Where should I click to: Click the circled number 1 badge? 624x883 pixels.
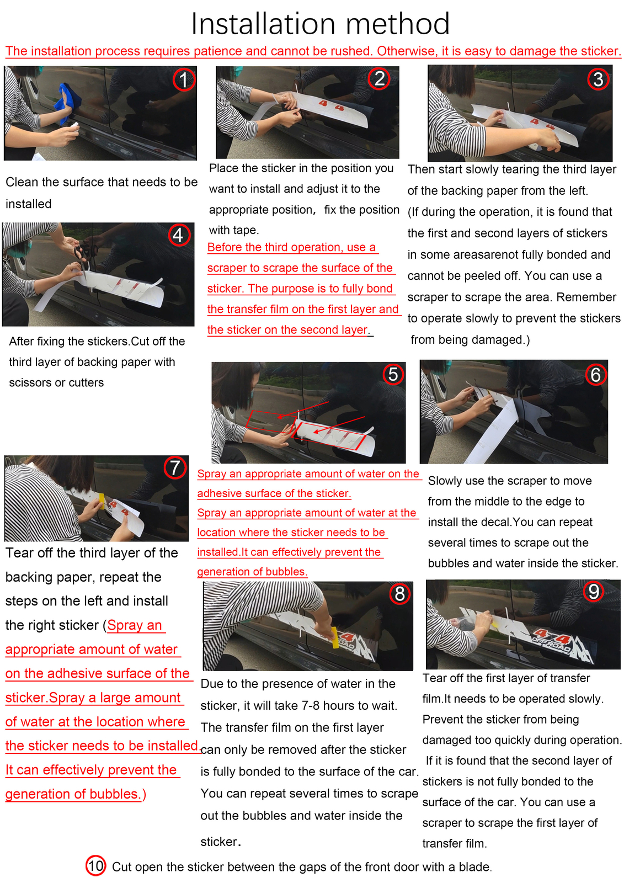pos(184,79)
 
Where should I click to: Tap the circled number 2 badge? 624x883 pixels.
pos(379,78)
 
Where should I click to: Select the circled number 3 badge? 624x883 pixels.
pos(598,79)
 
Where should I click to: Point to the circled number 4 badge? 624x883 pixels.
pos(179,235)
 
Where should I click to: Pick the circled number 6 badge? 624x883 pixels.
pos(595,375)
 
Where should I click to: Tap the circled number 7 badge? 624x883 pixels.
pos(175,468)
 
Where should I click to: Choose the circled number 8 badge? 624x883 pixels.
pos(399,593)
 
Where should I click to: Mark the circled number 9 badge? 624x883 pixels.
pos(593,591)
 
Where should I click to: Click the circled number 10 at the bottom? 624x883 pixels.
pos(95,866)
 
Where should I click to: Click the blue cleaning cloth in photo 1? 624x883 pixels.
pos(67,103)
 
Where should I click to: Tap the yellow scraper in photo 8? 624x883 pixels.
pos(335,637)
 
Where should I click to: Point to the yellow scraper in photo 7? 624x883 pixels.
pos(102,501)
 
